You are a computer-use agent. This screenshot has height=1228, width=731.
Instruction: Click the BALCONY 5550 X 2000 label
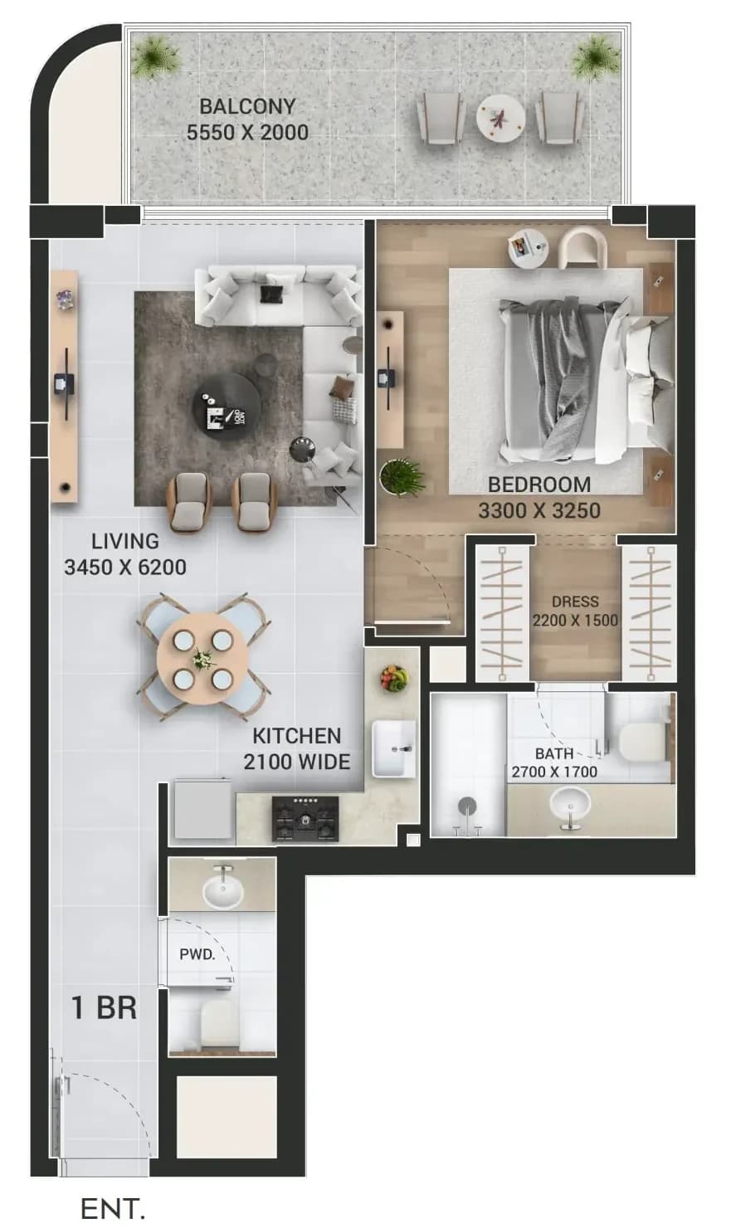click(247, 119)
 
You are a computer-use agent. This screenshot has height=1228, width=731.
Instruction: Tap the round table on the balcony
click(500, 119)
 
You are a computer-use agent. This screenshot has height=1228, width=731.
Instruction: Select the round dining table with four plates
click(202, 659)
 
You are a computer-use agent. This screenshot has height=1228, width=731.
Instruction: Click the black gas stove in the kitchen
click(305, 819)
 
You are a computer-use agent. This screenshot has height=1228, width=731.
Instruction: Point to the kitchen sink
click(394, 748)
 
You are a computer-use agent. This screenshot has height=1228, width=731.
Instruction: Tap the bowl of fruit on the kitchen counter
click(394, 678)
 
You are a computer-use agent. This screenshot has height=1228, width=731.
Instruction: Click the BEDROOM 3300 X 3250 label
click(539, 498)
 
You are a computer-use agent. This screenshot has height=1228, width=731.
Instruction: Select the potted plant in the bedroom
click(402, 477)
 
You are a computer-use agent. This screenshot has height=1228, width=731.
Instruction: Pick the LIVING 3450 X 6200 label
click(125, 554)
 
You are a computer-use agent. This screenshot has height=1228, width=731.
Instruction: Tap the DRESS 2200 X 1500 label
click(575, 611)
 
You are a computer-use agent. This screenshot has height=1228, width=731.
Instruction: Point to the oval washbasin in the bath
click(570, 804)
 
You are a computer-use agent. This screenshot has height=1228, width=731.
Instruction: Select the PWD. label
click(197, 954)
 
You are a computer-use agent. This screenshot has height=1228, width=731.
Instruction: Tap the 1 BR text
click(105, 1007)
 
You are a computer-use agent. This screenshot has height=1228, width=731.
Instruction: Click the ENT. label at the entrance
click(113, 1208)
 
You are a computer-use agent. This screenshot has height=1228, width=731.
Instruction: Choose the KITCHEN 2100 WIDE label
click(297, 749)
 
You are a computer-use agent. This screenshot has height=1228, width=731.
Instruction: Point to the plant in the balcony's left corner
click(157, 56)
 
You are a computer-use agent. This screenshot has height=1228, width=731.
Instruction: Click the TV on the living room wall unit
click(65, 383)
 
